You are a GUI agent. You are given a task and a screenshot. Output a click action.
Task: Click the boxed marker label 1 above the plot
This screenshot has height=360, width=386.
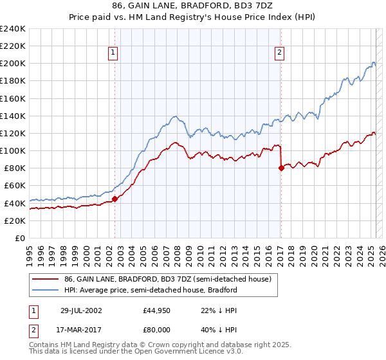113,53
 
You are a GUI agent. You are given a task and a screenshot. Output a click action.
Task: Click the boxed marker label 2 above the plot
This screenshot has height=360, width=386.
280,53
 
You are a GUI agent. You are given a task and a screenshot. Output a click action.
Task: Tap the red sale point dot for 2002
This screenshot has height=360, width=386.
115,199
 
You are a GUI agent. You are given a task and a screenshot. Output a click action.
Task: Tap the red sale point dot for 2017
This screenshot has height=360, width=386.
281,168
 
